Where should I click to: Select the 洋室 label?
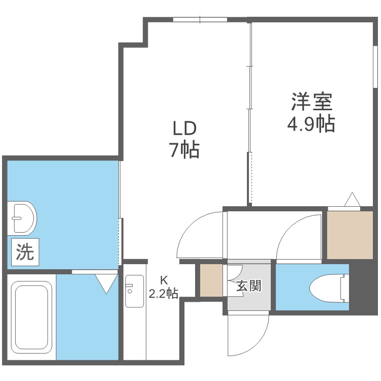pos(312,102)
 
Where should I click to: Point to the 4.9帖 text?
pos(311,123)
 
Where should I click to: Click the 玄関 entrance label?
pos(248,286)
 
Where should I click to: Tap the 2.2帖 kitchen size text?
pos(163,293)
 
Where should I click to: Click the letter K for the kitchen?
pos(164,279)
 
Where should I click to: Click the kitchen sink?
pos(135,291)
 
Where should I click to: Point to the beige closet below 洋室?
pos(350,234)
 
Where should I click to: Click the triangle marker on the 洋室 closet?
pos(352,200)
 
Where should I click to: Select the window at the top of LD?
pos(200,20)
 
